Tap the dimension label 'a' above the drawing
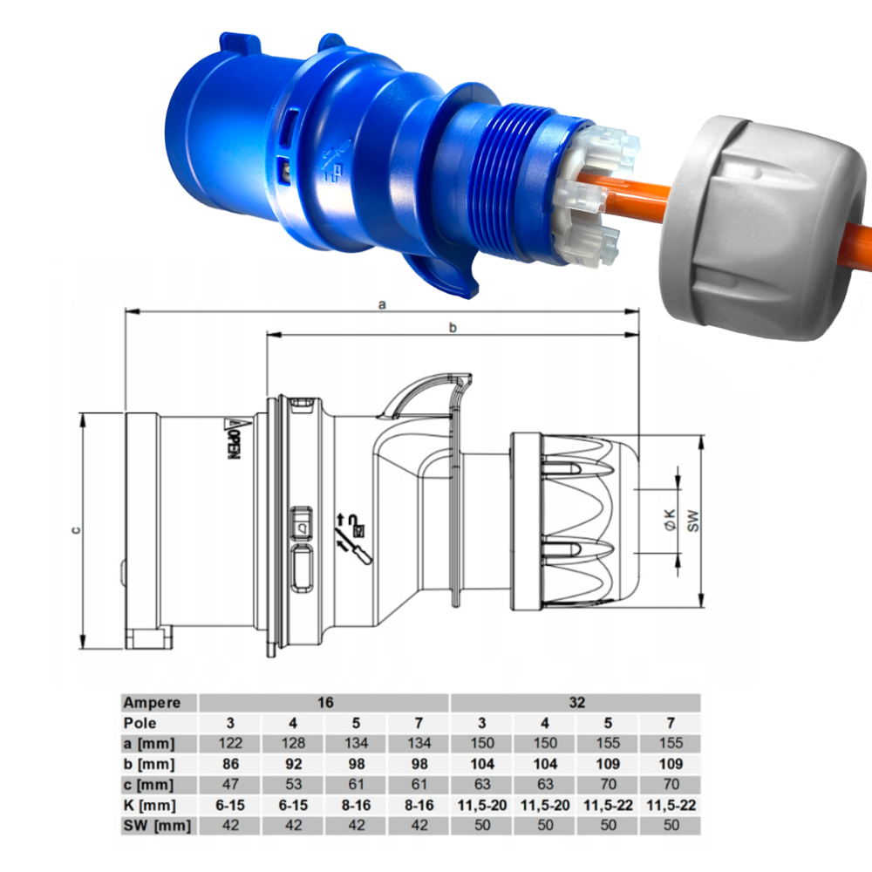click(x=382, y=304)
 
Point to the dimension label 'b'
click(x=453, y=328)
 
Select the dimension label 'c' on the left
click(x=76, y=530)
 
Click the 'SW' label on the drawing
click(x=693, y=521)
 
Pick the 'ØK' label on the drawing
click(x=671, y=520)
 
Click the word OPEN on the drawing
click(x=235, y=446)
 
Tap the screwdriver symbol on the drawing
click(x=354, y=548)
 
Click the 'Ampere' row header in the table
click(x=152, y=703)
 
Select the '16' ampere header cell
click(x=325, y=702)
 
